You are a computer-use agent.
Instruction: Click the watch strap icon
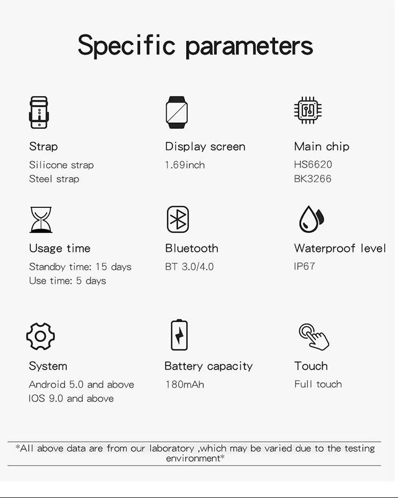[x=38, y=112]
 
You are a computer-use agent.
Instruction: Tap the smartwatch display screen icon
[x=177, y=112]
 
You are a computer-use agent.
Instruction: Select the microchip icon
[x=308, y=110]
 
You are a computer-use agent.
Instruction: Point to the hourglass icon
[x=41, y=220]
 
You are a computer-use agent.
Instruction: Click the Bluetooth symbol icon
[x=178, y=219]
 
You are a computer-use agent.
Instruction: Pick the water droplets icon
[x=311, y=219]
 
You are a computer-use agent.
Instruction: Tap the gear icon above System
[x=40, y=336]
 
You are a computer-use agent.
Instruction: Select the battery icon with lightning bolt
[x=179, y=335]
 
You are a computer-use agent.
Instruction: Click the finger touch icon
[x=314, y=336]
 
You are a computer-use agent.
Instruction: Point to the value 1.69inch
[x=185, y=165]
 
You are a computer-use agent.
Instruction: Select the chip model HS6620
[x=313, y=164]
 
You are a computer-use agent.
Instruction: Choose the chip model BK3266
[x=313, y=179]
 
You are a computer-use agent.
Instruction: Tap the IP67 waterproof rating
[x=305, y=266]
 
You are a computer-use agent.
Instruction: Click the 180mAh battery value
[x=185, y=384]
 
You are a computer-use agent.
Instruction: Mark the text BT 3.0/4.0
[x=189, y=266]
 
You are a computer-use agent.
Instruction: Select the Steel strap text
[x=54, y=179]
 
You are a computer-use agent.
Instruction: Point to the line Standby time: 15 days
[x=80, y=266]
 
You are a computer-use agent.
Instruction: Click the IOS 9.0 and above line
[x=71, y=398]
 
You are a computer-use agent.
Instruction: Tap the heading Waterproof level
[x=340, y=248]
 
